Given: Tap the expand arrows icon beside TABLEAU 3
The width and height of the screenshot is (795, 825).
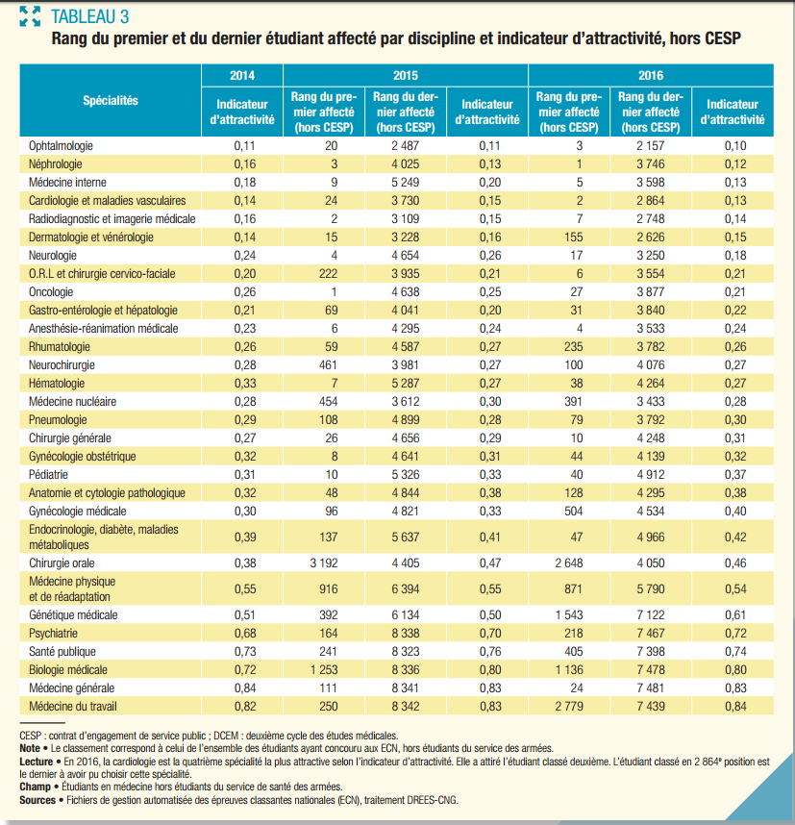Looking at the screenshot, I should click(x=30, y=15).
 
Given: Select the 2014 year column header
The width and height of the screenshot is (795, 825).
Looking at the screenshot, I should click(x=242, y=75).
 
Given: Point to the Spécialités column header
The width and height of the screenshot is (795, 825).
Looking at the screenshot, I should click(x=111, y=100).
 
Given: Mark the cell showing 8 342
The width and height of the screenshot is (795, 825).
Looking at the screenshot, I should click(x=405, y=707).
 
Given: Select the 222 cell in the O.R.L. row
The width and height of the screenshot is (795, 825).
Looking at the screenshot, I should click(x=331, y=273).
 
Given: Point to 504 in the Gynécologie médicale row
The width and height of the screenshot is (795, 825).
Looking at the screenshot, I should click(x=573, y=511).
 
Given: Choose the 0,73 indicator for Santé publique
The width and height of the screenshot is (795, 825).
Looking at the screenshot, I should click(x=242, y=652).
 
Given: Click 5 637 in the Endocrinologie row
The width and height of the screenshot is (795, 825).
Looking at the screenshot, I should click(x=405, y=536).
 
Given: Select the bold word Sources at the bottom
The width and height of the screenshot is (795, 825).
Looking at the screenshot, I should click(x=37, y=798).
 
